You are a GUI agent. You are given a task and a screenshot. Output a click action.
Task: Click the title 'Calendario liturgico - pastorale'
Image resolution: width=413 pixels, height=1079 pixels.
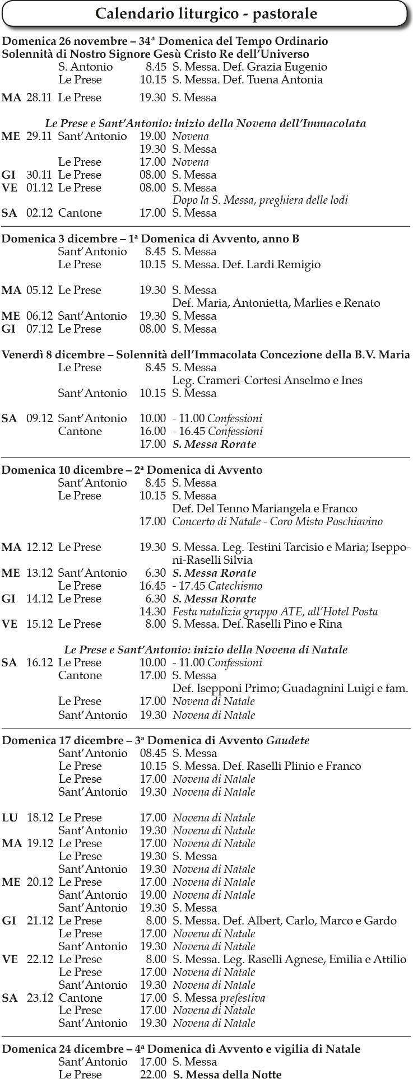click(206, 14)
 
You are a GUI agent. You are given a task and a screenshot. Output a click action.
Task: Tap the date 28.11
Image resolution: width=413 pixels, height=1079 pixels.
click(39, 98)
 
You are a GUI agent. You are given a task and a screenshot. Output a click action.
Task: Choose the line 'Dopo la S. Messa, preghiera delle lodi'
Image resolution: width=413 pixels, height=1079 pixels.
click(260, 200)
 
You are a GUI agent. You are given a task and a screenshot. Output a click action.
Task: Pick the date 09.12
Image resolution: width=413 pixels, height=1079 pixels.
click(39, 419)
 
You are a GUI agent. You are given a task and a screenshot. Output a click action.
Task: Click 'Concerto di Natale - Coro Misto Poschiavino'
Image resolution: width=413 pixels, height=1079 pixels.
click(277, 522)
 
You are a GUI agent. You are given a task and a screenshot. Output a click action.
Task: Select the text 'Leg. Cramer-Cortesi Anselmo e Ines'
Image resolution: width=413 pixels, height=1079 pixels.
click(267, 381)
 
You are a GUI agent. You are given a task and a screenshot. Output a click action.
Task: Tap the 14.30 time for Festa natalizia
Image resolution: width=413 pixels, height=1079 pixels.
click(153, 612)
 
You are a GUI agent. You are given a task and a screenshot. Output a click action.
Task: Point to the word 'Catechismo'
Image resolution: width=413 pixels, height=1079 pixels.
click(235, 586)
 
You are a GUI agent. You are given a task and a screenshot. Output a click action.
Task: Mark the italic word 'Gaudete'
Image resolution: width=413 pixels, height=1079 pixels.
click(287, 741)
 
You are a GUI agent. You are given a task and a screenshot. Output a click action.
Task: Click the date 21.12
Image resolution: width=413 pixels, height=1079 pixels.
click(40, 921)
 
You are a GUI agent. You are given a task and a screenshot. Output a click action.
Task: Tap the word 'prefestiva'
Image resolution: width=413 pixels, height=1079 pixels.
click(242, 998)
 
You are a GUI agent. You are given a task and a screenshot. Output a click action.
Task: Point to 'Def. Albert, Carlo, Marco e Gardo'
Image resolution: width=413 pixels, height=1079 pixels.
click(284, 921)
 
